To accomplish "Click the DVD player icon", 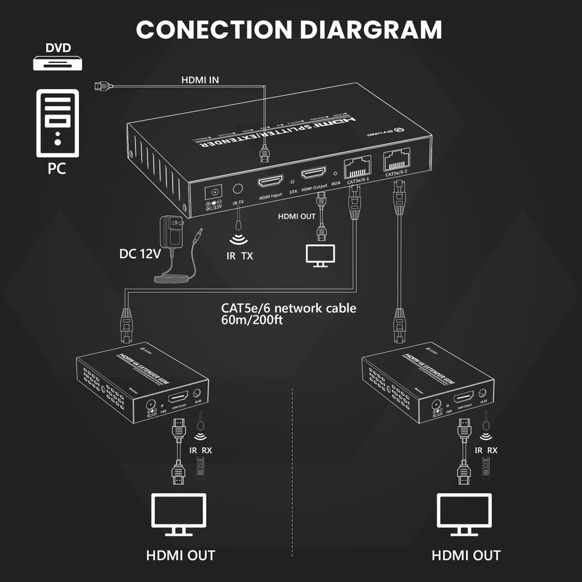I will pyautogui.click(x=58, y=62).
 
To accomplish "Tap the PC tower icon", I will pyautogui.click(x=58, y=122).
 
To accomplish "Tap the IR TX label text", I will pyautogui.click(x=239, y=256).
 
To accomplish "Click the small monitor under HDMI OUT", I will pyautogui.click(x=321, y=255).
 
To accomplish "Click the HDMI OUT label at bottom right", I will pyautogui.click(x=466, y=555).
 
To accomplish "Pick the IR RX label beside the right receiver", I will pyautogui.click(x=486, y=450).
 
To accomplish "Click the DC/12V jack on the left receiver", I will pyautogui.click(x=152, y=405).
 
